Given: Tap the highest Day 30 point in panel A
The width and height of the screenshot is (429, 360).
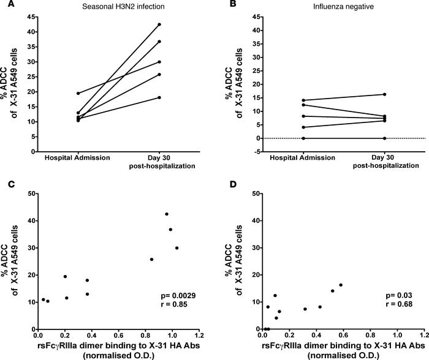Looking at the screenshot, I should pos(159,24).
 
